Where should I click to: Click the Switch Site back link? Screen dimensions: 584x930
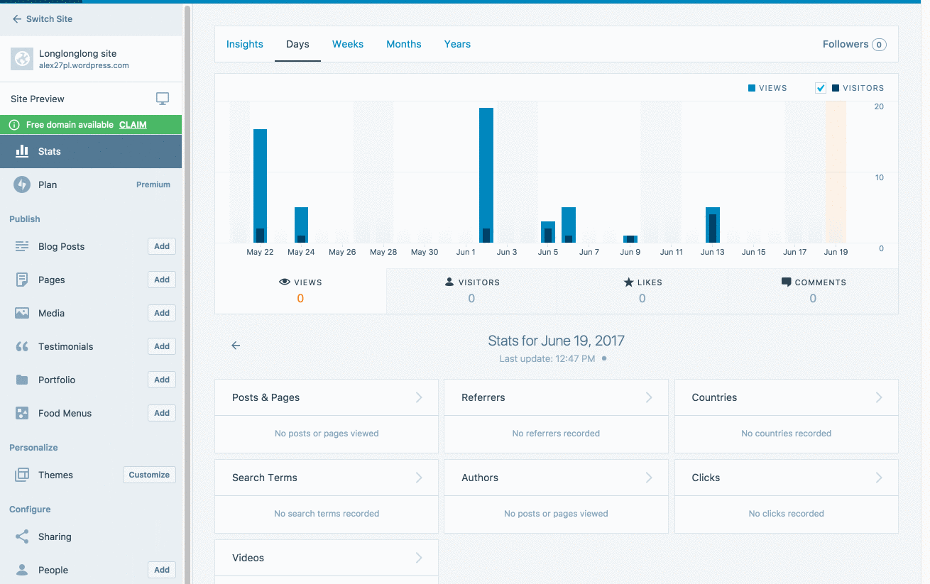click(x=43, y=19)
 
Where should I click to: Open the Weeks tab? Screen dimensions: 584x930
click(x=348, y=44)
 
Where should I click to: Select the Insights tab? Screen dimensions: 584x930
click(x=245, y=44)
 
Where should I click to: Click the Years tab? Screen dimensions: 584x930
click(x=457, y=44)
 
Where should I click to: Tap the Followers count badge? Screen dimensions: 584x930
click(x=879, y=45)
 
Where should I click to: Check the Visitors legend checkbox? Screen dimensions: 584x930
click(x=821, y=88)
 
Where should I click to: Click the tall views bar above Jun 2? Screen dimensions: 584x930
click(x=486, y=170)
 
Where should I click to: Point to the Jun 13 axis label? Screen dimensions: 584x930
click(x=712, y=252)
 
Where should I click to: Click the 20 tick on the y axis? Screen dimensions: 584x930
click(x=879, y=106)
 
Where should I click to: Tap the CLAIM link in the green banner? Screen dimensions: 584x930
click(x=133, y=125)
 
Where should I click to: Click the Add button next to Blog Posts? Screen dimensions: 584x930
click(x=162, y=246)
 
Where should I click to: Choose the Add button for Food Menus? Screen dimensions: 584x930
click(x=162, y=413)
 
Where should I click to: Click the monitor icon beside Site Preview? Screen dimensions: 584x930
click(x=163, y=99)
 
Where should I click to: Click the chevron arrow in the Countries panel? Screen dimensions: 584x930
click(x=879, y=397)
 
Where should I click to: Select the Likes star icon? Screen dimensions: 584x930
click(x=628, y=282)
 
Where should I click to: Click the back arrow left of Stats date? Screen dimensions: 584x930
click(x=236, y=346)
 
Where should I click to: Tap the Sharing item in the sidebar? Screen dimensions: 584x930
click(x=55, y=536)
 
